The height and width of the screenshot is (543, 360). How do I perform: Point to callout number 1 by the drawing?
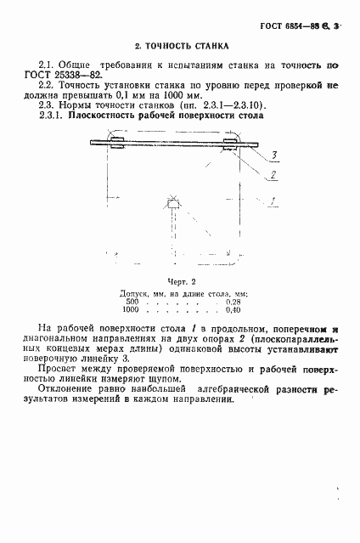click(273, 202)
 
